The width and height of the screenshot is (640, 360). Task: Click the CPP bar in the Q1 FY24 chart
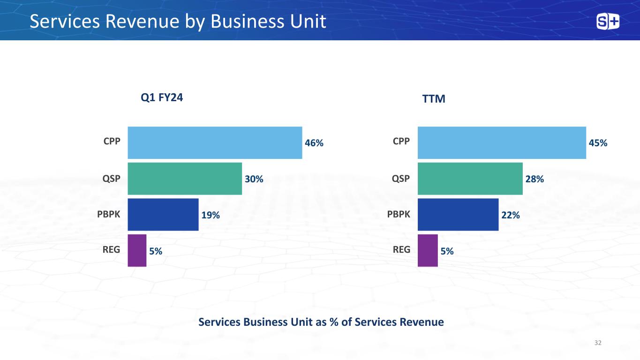click(215, 142)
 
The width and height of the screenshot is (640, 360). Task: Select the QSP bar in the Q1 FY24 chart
click(185, 179)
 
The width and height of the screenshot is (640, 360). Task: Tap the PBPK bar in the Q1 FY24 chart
click(163, 215)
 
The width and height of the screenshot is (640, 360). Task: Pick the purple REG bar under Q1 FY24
click(137, 251)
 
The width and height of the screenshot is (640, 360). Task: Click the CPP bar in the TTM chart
click(502, 142)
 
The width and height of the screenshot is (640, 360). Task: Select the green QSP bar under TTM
click(470, 179)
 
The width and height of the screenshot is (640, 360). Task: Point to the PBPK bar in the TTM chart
click(458, 215)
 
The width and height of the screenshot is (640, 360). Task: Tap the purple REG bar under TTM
click(428, 251)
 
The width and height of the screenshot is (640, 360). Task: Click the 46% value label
click(314, 143)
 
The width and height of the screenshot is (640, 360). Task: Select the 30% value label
click(254, 179)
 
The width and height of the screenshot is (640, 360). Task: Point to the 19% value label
click(211, 215)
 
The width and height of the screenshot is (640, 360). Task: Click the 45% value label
click(598, 143)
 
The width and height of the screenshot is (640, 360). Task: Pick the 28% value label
click(535, 179)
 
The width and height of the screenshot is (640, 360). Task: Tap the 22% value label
click(511, 215)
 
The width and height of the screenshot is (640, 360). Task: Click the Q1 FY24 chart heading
click(162, 97)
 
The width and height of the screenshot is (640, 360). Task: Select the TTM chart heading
click(434, 99)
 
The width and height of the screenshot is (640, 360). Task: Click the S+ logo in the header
click(608, 22)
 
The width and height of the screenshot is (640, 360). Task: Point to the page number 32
click(598, 343)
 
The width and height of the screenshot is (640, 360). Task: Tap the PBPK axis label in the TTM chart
click(399, 214)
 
